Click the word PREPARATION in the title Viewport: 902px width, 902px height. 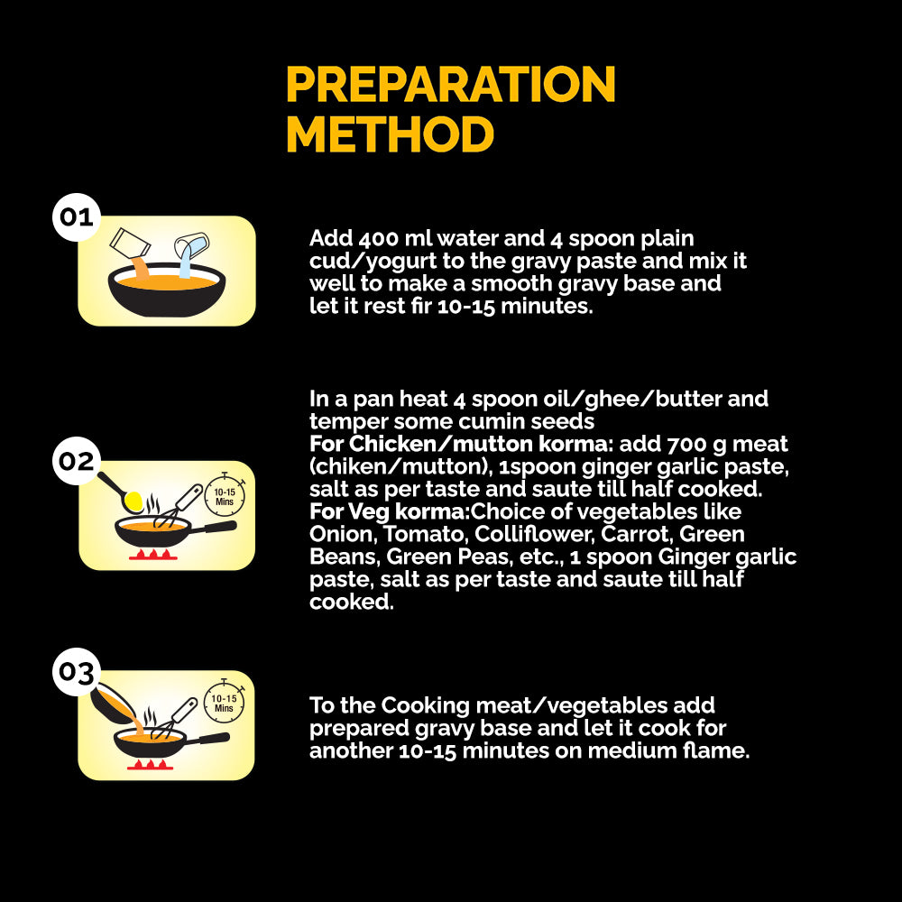(451, 84)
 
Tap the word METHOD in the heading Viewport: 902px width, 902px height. (390, 134)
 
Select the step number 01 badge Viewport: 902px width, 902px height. (77, 216)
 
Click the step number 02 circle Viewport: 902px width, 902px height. (77, 461)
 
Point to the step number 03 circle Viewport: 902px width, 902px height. (77, 672)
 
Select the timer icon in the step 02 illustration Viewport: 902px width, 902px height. (225, 494)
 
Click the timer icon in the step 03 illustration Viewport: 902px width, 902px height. (224, 701)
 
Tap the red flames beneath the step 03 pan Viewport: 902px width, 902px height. (150, 765)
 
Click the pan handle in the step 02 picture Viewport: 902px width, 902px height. (212, 528)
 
